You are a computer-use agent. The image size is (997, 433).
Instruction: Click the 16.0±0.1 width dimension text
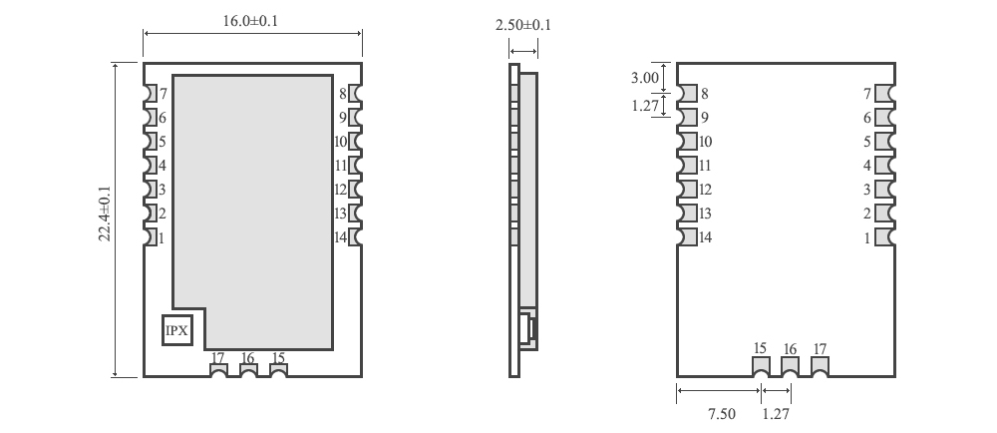pyautogui.click(x=252, y=20)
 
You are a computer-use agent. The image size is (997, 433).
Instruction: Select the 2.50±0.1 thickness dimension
pyautogui.click(x=522, y=24)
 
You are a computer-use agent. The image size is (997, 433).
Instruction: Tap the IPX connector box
pyautogui.click(x=177, y=329)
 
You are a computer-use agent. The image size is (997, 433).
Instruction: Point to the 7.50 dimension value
pyautogui.click(x=721, y=414)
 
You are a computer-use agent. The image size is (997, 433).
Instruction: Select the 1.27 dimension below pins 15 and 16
pyautogui.click(x=774, y=414)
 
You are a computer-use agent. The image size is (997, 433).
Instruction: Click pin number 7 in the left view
pyautogui.click(x=163, y=94)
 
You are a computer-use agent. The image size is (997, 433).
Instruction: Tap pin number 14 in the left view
pyautogui.click(x=340, y=237)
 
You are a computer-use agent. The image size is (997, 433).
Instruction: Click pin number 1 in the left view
pyautogui.click(x=163, y=237)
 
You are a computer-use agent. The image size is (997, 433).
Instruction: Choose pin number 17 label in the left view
pyautogui.click(x=218, y=357)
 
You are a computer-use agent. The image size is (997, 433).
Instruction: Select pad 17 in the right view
pyautogui.click(x=820, y=365)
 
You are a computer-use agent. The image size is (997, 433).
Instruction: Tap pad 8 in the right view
pyautogui.click(x=687, y=94)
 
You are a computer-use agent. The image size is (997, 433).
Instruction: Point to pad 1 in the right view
pyautogui.click(x=883, y=237)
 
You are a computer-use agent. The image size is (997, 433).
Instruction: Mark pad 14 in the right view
pyautogui.click(x=687, y=237)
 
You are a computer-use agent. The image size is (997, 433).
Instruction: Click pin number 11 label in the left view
pyautogui.click(x=340, y=166)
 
